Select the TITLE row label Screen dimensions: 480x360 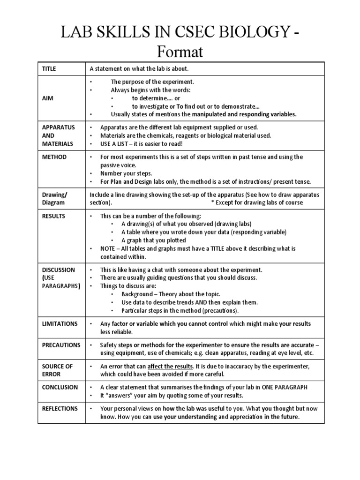click(x=49, y=69)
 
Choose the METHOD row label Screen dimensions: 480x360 click(x=54, y=157)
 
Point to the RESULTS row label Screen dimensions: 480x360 click(x=54, y=216)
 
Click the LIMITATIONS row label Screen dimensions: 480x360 click(x=60, y=324)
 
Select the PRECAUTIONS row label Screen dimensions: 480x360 click(x=61, y=345)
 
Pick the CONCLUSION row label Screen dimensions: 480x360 click(x=60, y=387)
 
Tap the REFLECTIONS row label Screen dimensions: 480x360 click(x=60, y=408)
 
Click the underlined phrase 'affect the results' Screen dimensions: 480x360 click(x=170, y=366)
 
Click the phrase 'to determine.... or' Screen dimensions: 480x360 click(x=156, y=97)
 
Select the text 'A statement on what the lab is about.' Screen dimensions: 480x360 click(x=139, y=69)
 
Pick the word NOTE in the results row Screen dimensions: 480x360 click(x=108, y=249)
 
